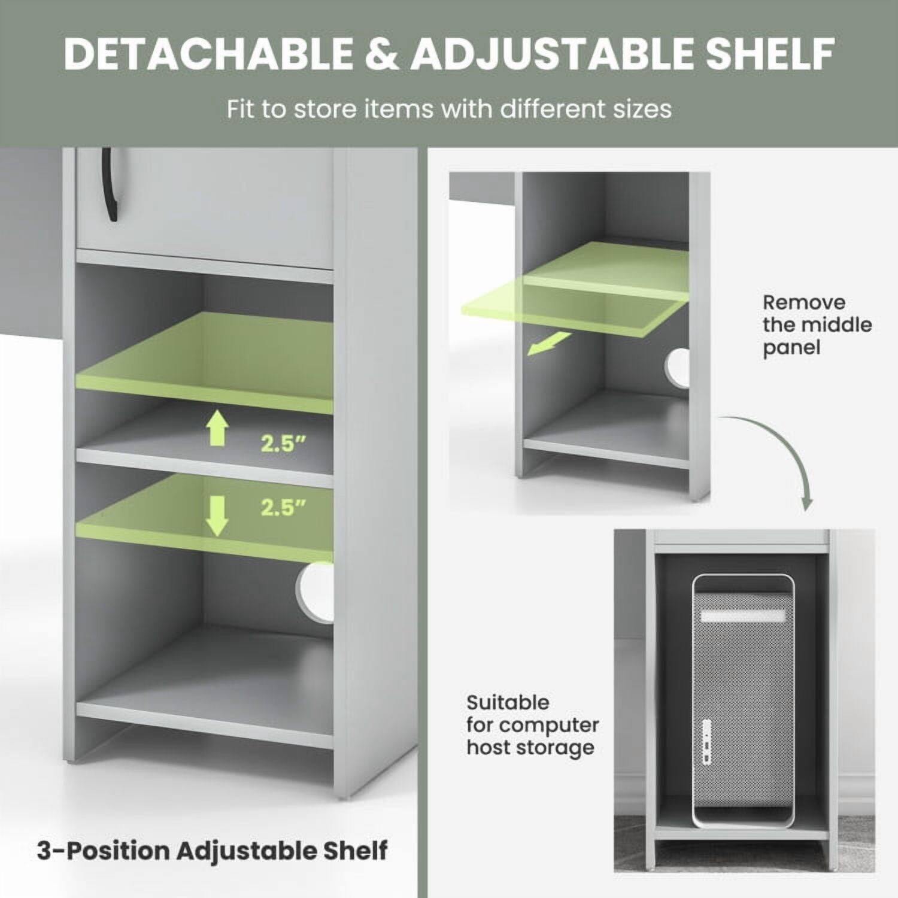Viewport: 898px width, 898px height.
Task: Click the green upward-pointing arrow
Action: (x=217, y=430)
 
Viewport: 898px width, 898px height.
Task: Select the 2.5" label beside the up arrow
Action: (x=283, y=444)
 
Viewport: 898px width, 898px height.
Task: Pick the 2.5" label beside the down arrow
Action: (x=283, y=508)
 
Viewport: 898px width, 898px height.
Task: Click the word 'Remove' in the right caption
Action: (x=804, y=302)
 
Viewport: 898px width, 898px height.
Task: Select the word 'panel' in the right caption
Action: (x=791, y=348)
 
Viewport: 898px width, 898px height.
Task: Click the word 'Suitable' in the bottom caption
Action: (x=508, y=702)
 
